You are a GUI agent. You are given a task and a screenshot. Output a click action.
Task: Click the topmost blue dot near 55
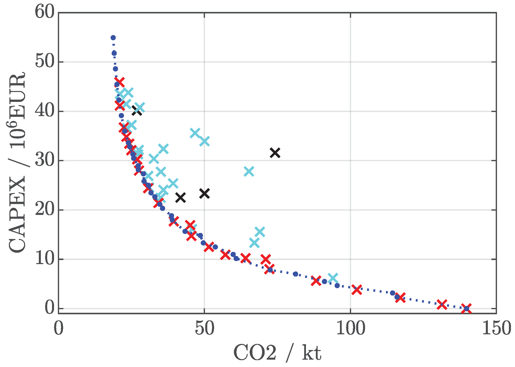113,38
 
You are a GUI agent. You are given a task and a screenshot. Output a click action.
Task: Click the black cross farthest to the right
275,153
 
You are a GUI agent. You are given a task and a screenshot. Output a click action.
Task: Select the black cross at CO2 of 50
204,194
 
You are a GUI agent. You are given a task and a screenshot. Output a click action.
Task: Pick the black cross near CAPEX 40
137,111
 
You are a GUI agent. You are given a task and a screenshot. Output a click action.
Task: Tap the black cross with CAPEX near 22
181,197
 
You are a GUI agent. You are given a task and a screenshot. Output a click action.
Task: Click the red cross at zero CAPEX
466,308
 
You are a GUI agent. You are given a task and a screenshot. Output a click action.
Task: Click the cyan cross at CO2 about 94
333,278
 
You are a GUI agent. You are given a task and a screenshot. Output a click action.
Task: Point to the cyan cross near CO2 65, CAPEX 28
249,172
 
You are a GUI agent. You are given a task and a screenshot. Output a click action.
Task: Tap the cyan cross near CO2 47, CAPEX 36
195,133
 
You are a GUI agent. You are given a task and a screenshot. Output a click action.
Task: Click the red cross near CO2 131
442,304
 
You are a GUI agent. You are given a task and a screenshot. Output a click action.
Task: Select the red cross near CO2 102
357,290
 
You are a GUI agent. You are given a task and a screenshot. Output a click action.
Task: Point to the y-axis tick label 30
45,160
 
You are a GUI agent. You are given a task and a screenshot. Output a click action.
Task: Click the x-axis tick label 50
204,329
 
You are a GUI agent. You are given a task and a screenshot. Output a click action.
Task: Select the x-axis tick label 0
58,329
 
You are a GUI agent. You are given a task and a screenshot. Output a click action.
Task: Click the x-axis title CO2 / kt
277,353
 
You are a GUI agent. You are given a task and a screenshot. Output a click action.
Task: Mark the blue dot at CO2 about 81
295,274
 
